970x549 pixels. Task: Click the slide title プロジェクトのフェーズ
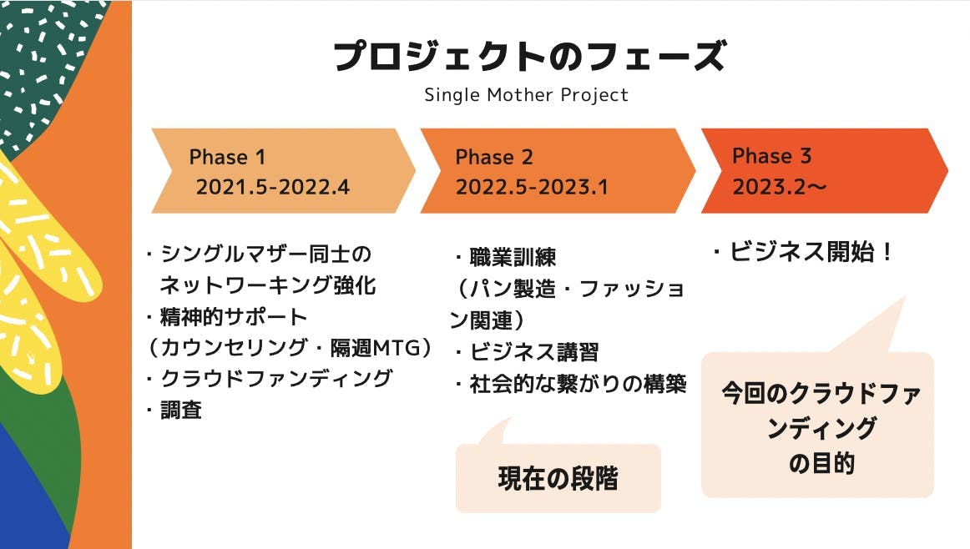[529, 56]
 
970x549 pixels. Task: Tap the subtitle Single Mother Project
[527, 95]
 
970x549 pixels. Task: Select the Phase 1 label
[227, 157]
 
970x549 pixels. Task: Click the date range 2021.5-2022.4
[273, 187]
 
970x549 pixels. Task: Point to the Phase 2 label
[493, 157]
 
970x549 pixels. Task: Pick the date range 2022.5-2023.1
[532, 187]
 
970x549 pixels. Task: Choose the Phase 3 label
[771, 156]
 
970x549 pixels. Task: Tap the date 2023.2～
[780, 186]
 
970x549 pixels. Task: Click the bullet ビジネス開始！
[803, 252]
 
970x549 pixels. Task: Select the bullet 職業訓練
[505, 257]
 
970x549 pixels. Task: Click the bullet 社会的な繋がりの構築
[570, 384]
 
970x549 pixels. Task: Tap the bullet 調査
[174, 410]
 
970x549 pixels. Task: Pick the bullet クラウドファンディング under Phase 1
[269, 378]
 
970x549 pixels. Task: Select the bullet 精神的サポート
[226, 317]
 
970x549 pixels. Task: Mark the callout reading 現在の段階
[558, 478]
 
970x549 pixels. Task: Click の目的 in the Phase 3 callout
[821, 463]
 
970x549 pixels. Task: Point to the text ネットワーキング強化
[268, 285]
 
